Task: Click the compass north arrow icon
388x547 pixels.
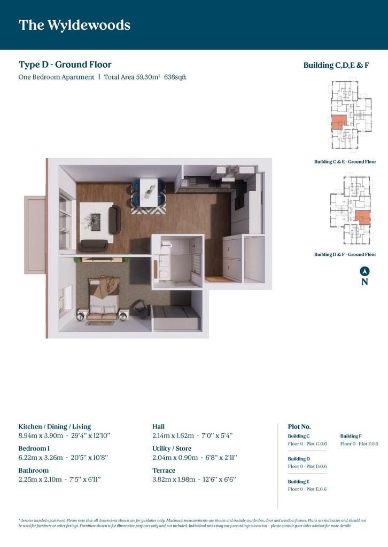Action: [x=364, y=271]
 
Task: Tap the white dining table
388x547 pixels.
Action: [x=149, y=190]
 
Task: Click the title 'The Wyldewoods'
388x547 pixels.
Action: [x=74, y=25]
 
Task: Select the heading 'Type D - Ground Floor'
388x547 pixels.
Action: [x=65, y=65]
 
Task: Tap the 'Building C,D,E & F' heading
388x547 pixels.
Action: [x=336, y=65]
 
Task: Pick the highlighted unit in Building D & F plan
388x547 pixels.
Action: [x=363, y=217]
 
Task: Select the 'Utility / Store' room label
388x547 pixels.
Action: [x=172, y=448]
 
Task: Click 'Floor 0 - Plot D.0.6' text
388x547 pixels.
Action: [x=307, y=466]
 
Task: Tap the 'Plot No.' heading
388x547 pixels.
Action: [x=299, y=427]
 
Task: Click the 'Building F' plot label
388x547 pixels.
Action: [x=351, y=436]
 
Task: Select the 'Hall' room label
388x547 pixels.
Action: [x=158, y=427]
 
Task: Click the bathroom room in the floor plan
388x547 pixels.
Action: [x=177, y=259]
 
